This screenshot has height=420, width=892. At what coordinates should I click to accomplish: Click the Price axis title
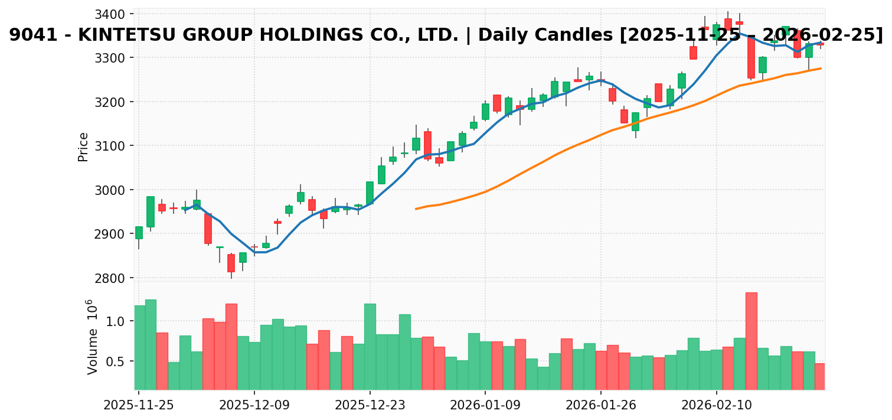point(83,146)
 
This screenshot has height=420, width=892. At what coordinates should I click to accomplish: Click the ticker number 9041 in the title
point(29,35)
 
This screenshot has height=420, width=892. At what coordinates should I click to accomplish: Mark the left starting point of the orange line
point(416,209)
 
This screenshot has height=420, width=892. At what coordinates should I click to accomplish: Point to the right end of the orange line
point(821,69)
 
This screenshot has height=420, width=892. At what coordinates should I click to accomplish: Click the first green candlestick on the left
point(139,233)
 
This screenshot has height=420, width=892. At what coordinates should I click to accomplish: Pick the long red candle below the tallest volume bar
point(751,57)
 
